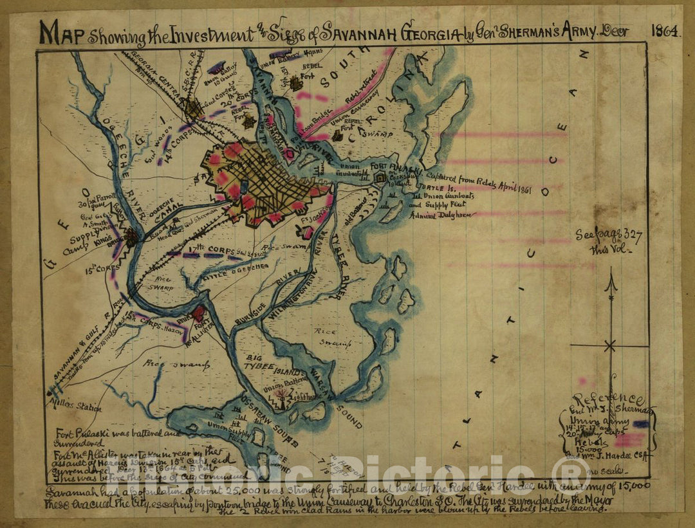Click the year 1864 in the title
pos(665,30)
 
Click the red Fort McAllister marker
pos(199,313)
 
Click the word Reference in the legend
pos(608,399)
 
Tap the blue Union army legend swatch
pos(640,424)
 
